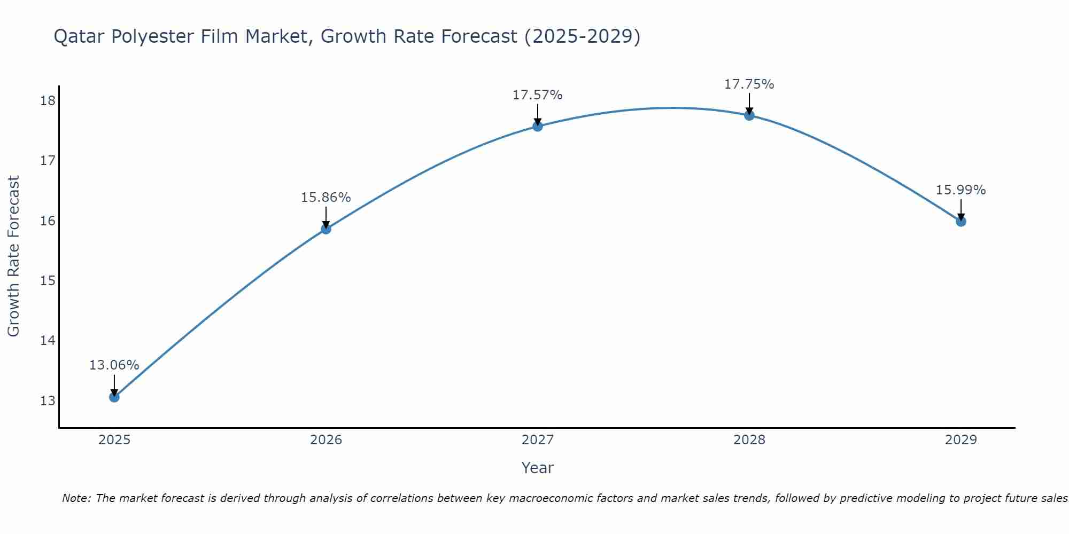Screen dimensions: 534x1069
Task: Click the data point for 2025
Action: coord(114,397)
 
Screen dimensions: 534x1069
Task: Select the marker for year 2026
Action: coord(326,229)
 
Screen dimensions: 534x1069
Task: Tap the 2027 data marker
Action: coord(538,127)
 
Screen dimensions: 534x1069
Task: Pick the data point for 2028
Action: coord(749,115)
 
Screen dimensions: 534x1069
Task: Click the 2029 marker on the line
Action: coord(961,221)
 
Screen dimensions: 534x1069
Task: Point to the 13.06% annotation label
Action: coord(114,365)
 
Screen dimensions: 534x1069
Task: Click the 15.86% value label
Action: coord(326,198)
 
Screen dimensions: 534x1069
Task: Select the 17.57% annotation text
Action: coord(537,95)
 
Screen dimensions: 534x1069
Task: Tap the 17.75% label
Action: coord(749,84)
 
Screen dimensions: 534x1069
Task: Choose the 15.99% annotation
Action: coord(960,190)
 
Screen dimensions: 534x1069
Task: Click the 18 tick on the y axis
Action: coord(48,101)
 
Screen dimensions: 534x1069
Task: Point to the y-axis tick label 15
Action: coord(48,281)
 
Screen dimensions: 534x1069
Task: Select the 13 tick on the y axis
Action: coord(48,400)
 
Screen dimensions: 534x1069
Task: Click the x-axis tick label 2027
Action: coord(538,440)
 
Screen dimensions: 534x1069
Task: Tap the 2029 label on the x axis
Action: coord(961,440)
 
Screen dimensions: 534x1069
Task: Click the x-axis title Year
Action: coord(537,468)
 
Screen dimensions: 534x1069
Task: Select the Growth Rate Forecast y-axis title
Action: coord(13,256)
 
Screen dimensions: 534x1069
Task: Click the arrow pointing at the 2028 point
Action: coord(749,104)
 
